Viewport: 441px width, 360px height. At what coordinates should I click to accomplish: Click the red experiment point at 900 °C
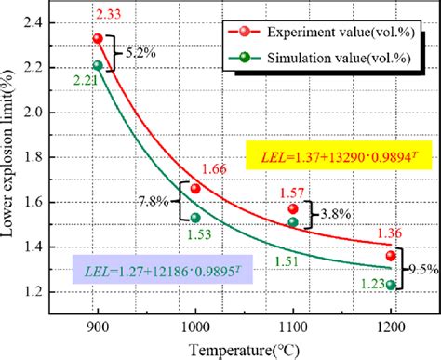(98, 39)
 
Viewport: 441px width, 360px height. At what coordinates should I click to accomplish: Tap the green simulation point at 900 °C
(98, 65)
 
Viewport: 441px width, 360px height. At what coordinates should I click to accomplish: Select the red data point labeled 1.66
(195, 189)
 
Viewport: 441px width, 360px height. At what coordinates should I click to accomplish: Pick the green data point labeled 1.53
(195, 218)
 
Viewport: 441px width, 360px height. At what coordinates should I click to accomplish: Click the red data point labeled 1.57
(293, 208)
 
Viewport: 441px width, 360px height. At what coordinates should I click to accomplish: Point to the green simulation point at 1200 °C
(391, 286)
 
